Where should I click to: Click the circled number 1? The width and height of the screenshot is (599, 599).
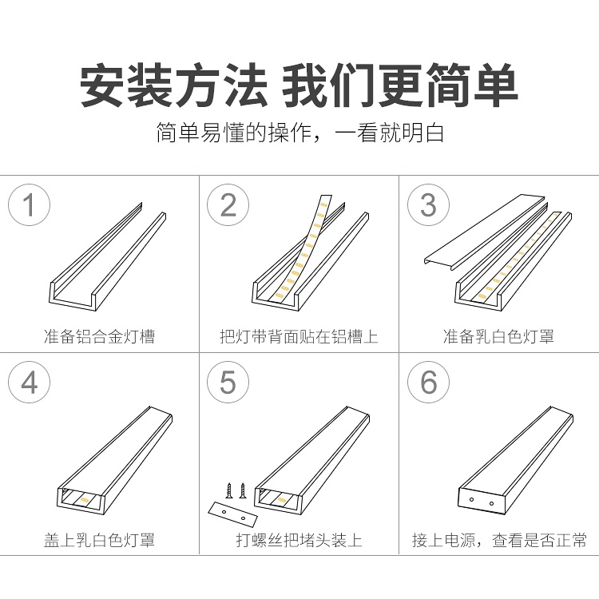(29, 204)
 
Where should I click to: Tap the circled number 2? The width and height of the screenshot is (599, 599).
(228, 204)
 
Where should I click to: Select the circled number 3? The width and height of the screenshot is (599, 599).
(428, 204)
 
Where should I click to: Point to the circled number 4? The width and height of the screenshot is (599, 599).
(29, 382)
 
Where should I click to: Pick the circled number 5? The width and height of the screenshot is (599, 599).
(228, 382)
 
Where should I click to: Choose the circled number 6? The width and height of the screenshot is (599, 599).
(428, 382)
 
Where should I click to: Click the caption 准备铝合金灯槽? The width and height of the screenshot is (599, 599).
(99, 336)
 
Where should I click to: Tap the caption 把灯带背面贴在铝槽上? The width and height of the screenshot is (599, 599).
(299, 336)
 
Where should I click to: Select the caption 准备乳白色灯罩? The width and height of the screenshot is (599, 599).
(498, 336)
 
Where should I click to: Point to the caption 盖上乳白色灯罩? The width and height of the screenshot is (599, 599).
(99, 540)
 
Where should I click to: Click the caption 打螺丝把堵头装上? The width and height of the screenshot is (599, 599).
(299, 540)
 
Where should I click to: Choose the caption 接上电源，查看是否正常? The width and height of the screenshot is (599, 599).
(499, 540)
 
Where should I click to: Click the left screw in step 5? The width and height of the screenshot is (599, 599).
(229, 490)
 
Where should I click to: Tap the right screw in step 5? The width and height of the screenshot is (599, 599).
(242, 490)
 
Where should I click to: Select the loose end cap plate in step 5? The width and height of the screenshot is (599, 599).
(233, 514)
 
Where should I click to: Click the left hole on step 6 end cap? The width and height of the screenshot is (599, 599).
(472, 499)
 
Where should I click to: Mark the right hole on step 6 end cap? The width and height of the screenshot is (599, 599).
(492, 504)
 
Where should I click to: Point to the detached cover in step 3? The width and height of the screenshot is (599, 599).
(485, 232)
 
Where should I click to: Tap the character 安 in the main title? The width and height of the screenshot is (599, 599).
(102, 85)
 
